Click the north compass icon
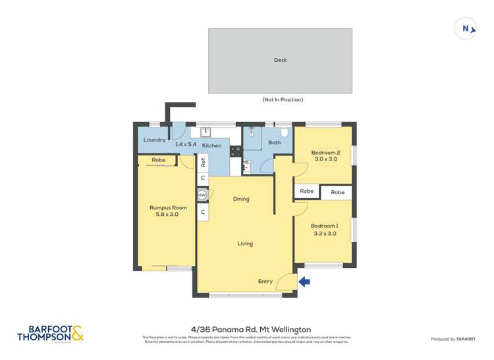[x=466, y=28]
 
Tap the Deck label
[x=280, y=60]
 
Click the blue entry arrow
[x=304, y=282]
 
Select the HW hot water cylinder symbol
[x=202, y=195]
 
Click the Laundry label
[x=154, y=140]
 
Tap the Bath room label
[x=274, y=142]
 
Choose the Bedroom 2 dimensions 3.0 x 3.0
[x=325, y=159]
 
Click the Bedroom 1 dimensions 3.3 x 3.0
[x=325, y=233]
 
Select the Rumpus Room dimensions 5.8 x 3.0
[x=168, y=215]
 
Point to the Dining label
[x=241, y=199]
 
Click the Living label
[x=245, y=244]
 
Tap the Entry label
[x=265, y=282]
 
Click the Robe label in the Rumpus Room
[x=158, y=160]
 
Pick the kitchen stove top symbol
[x=236, y=151]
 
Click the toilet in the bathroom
[x=285, y=131]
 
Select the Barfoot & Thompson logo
[x=51, y=334]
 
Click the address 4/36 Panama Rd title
[x=250, y=329]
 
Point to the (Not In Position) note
[x=283, y=100]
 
